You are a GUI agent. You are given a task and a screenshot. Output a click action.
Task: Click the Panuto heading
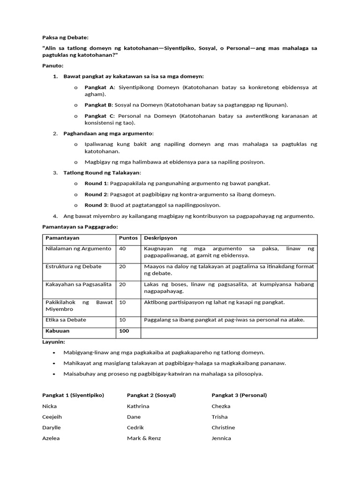52,66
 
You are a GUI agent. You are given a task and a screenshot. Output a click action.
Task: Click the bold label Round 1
96,183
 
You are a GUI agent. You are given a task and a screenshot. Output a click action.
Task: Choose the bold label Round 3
96,205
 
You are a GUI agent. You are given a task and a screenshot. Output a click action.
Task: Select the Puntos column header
128,238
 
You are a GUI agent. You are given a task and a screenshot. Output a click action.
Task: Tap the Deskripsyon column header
160,238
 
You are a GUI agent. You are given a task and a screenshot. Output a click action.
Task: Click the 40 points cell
123,248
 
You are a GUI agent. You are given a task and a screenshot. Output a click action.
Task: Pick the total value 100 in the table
124,330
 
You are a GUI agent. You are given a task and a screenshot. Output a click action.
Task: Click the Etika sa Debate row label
66,320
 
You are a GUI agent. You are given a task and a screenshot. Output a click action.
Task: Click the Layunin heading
53,342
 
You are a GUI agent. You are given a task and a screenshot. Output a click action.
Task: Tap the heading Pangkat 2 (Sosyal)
151,395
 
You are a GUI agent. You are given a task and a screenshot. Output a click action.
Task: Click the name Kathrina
138,406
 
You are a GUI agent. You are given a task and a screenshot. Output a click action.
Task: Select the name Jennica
221,438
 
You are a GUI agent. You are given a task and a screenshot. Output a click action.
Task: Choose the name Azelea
51,438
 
